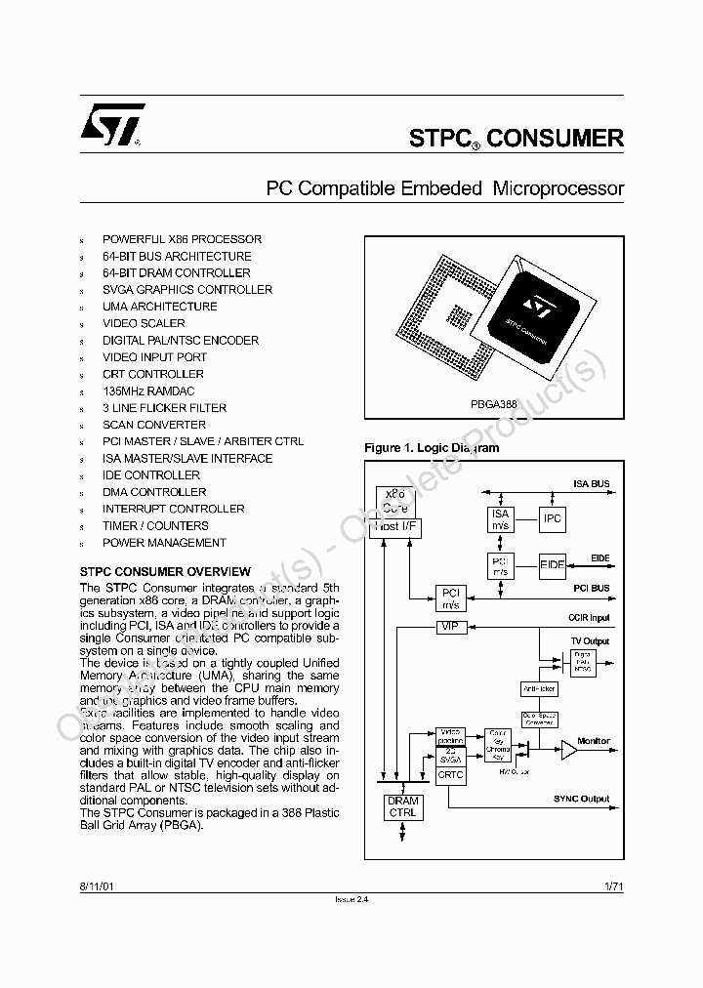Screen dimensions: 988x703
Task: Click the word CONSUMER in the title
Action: pyautogui.click(x=555, y=139)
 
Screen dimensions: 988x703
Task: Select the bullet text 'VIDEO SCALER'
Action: pyautogui.click(x=144, y=323)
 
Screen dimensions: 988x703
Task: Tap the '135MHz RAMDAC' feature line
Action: pyautogui.click(x=147, y=391)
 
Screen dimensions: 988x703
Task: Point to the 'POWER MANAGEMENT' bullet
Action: pyautogui.click(x=164, y=543)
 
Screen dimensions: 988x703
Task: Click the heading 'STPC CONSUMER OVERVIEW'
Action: pyautogui.click(x=164, y=572)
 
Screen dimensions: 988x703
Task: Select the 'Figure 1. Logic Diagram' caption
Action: pyautogui.click(x=432, y=448)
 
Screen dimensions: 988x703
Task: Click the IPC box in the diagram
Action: pyautogui.click(x=553, y=518)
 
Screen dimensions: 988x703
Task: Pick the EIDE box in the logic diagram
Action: pyautogui.click(x=553, y=564)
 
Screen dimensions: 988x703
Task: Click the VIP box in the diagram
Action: pyautogui.click(x=449, y=626)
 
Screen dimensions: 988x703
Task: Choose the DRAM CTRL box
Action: pyautogui.click(x=402, y=806)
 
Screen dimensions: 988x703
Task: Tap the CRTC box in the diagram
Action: pyautogui.click(x=451, y=774)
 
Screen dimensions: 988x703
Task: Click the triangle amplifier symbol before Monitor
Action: pyautogui.click(x=567, y=750)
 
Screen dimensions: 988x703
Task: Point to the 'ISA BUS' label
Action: pyautogui.click(x=591, y=484)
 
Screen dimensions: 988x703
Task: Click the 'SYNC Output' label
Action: pyautogui.click(x=581, y=800)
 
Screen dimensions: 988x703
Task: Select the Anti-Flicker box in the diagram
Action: pyautogui.click(x=539, y=688)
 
